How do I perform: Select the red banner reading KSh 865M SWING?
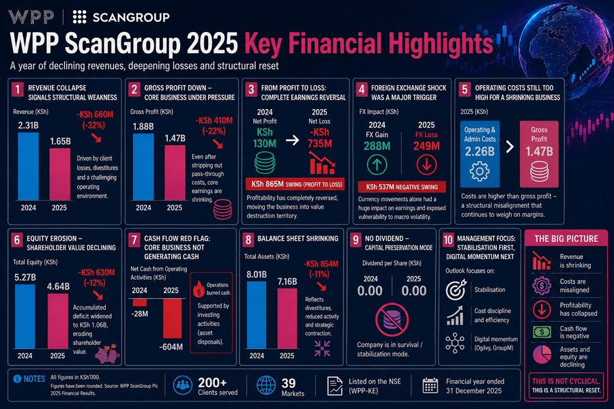pos(293,185)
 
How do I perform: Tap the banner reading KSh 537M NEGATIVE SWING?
pos(401,186)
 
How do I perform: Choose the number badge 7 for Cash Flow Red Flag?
pos(134,239)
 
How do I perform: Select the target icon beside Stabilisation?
pos(455,290)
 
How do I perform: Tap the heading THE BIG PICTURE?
pos(566,239)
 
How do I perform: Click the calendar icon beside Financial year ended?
pos(430,385)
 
